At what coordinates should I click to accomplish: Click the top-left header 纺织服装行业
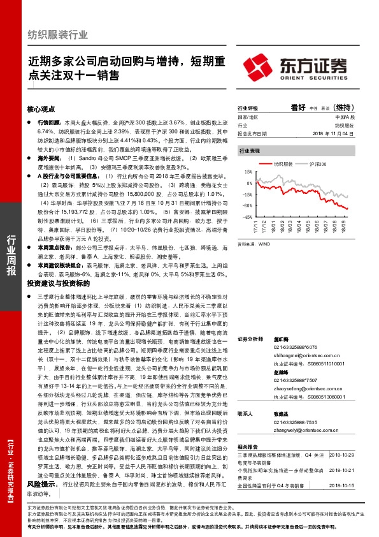coord(58,34)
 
